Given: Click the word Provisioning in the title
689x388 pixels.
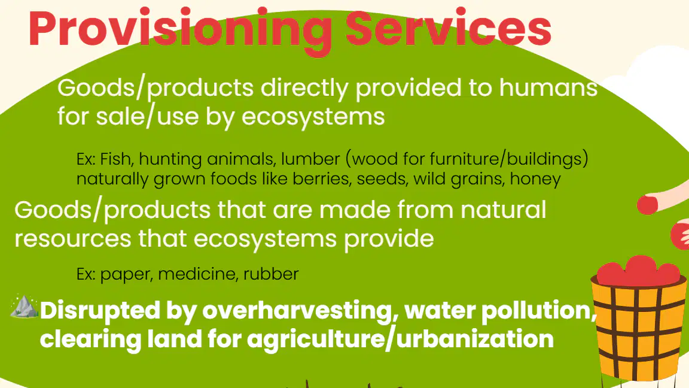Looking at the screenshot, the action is coord(180,31).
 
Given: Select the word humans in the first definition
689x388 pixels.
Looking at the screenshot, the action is coord(548,87).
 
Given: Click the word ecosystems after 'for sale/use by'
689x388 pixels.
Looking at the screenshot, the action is coord(313,117).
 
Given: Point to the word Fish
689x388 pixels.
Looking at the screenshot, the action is coord(117,159).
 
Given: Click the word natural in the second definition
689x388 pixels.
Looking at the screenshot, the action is coord(503,210).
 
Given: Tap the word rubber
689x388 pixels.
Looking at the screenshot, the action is coord(271,274).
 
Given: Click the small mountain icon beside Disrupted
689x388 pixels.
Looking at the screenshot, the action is coord(24,306).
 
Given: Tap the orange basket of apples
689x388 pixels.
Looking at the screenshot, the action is coord(639,317).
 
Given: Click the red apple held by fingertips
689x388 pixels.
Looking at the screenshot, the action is coord(647,205).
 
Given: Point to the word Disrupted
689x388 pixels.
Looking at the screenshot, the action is coord(100,311).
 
